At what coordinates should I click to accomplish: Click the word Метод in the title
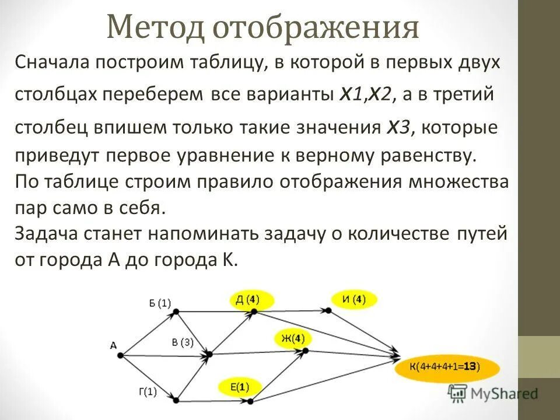click(154, 28)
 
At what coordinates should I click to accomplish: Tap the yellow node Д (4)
click(247, 300)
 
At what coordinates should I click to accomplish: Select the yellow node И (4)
click(353, 300)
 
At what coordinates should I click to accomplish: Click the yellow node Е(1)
click(240, 387)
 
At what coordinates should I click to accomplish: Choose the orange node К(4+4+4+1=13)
click(446, 367)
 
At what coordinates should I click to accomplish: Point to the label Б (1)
click(160, 303)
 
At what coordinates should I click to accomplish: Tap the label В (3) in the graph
click(183, 342)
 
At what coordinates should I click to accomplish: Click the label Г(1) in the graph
click(148, 391)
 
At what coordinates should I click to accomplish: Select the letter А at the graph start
click(113, 346)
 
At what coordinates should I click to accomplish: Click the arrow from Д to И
click(292, 311)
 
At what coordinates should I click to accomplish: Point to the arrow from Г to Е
click(213, 401)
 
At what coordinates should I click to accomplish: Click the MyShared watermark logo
click(493, 394)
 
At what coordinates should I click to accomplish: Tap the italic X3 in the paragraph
click(399, 127)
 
